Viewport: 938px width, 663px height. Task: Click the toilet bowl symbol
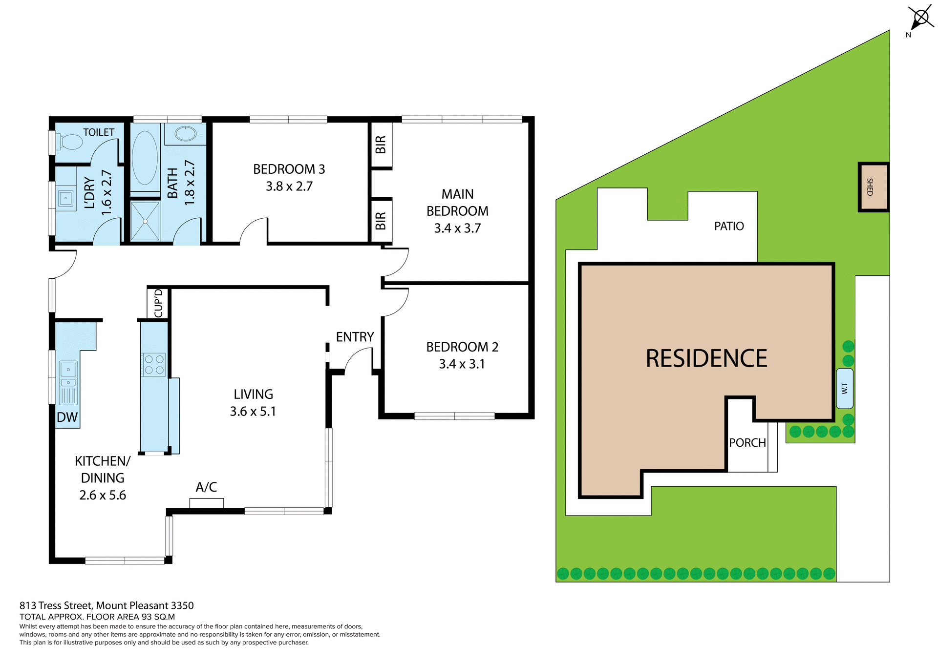click(x=71, y=142)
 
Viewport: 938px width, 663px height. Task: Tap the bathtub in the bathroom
click(x=145, y=157)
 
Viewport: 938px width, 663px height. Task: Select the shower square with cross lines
click(x=145, y=221)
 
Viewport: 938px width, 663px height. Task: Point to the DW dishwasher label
click(x=67, y=417)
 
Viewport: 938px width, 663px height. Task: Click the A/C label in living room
click(x=206, y=487)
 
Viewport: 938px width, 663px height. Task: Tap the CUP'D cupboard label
click(x=158, y=303)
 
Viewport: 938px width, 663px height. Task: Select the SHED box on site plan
click(x=873, y=187)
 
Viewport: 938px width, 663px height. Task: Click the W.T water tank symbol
click(x=845, y=389)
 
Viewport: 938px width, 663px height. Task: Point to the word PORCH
click(x=747, y=443)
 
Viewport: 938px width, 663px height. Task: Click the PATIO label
click(x=729, y=226)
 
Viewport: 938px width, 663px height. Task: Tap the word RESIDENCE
click(x=706, y=358)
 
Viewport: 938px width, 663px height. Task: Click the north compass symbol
click(x=921, y=19)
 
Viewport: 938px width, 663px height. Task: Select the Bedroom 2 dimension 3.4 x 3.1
click(x=462, y=364)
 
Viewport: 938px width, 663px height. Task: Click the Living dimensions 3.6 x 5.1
click(x=253, y=412)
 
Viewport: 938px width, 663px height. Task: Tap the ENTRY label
click(x=355, y=337)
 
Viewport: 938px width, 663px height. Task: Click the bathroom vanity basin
click(x=185, y=134)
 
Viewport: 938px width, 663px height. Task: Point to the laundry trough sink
click(x=65, y=198)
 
